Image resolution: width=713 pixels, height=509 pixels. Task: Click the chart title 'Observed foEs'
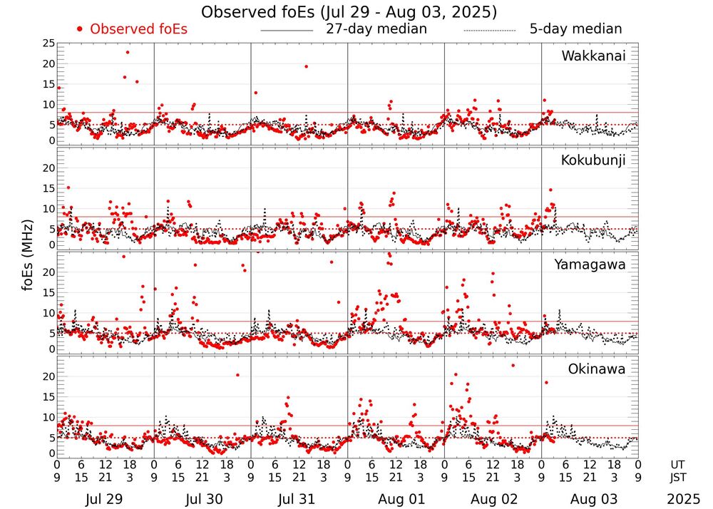(x=349, y=12)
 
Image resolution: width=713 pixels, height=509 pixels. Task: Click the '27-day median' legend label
(x=376, y=29)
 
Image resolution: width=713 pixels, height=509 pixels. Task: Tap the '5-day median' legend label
(x=575, y=29)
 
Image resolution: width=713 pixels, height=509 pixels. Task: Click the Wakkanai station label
(x=593, y=56)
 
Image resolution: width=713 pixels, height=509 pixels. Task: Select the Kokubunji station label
(x=593, y=160)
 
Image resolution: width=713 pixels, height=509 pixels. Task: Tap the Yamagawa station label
(x=590, y=264)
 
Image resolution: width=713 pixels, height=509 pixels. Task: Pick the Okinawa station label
(x=596, y=369)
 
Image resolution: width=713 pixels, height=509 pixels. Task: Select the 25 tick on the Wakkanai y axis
(x=48, y=43)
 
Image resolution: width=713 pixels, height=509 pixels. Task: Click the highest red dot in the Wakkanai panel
(x=128, y=52)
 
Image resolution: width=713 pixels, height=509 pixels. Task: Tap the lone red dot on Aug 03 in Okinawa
(x=546, y=382)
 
